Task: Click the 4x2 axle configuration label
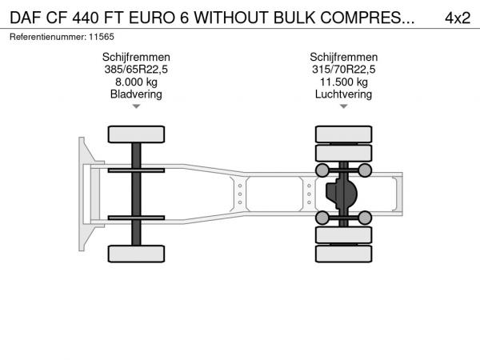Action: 458,18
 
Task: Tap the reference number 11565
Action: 102,37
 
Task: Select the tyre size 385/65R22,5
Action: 136,70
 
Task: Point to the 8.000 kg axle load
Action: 136,82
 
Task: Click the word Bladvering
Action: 136,94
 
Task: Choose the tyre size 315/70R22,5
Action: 343,70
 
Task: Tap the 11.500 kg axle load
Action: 344,82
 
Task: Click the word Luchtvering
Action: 343,94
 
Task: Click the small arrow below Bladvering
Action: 136,106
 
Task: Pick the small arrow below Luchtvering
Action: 344,106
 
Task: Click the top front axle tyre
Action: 136,134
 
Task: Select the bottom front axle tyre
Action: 136,254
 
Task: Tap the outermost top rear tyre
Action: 344,134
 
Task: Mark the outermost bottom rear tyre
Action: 344,254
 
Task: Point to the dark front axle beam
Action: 136,194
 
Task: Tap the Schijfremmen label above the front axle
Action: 136,58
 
